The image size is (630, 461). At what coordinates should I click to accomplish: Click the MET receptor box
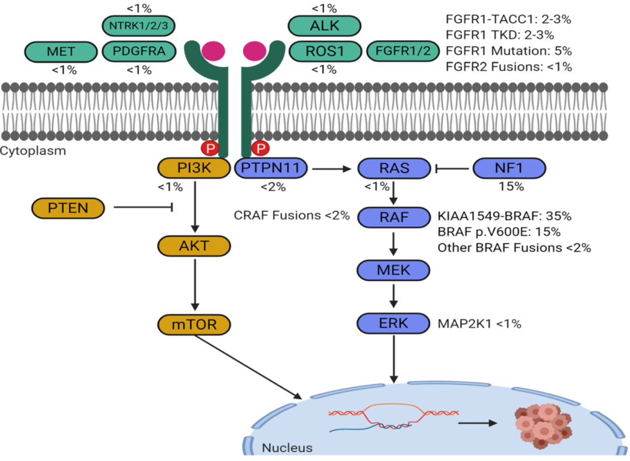61,51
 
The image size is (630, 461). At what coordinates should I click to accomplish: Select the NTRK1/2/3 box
138,26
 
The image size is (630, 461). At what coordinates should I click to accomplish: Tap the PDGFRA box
138,51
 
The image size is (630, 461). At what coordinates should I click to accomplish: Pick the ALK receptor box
324,26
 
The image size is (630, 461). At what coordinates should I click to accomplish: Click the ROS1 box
324,51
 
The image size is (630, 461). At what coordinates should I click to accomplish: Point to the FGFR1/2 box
402,51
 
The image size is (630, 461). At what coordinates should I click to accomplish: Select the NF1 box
509,169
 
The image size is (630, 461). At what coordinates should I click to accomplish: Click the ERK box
393,322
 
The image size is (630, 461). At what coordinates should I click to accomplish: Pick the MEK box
393,270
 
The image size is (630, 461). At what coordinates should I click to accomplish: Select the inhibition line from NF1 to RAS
453,170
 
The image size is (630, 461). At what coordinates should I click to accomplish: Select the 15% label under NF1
509,188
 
